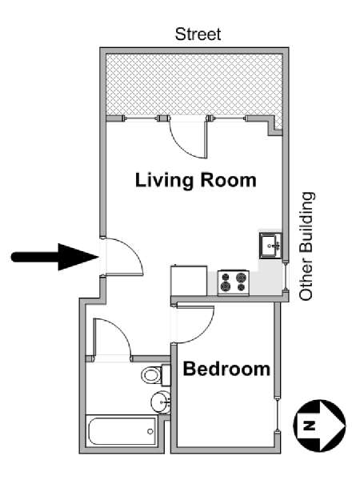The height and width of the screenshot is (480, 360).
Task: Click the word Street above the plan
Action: [198, 34]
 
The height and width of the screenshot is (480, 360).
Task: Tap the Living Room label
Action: [195, 179]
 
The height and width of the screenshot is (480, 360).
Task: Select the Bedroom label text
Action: [226, 370]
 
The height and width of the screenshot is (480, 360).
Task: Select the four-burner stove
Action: [234, 281]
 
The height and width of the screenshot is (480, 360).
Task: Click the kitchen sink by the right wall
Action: [270, 245]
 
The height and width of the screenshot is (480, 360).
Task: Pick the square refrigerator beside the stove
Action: [188, 281]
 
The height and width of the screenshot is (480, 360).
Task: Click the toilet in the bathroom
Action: [154, 374]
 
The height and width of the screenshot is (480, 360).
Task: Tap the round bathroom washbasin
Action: [160, 401]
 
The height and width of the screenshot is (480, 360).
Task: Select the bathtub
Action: [122, 432]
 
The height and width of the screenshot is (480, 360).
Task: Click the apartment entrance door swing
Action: [122, 256]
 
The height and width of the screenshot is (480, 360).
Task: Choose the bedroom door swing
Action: [192, 321]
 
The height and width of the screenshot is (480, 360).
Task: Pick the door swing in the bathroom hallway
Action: [110, 338]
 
